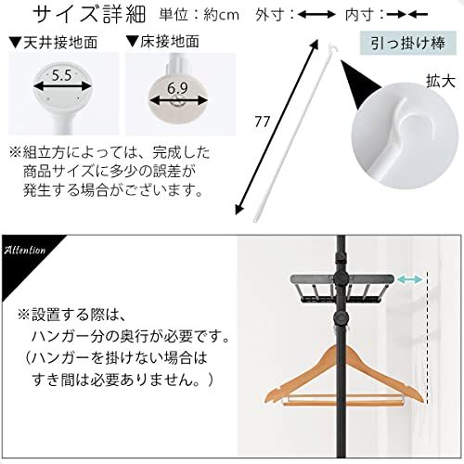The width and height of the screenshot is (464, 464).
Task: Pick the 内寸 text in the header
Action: pos(363,15)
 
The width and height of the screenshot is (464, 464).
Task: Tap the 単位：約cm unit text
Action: pos(200,15)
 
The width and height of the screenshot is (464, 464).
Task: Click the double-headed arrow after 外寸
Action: pos(317,15)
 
